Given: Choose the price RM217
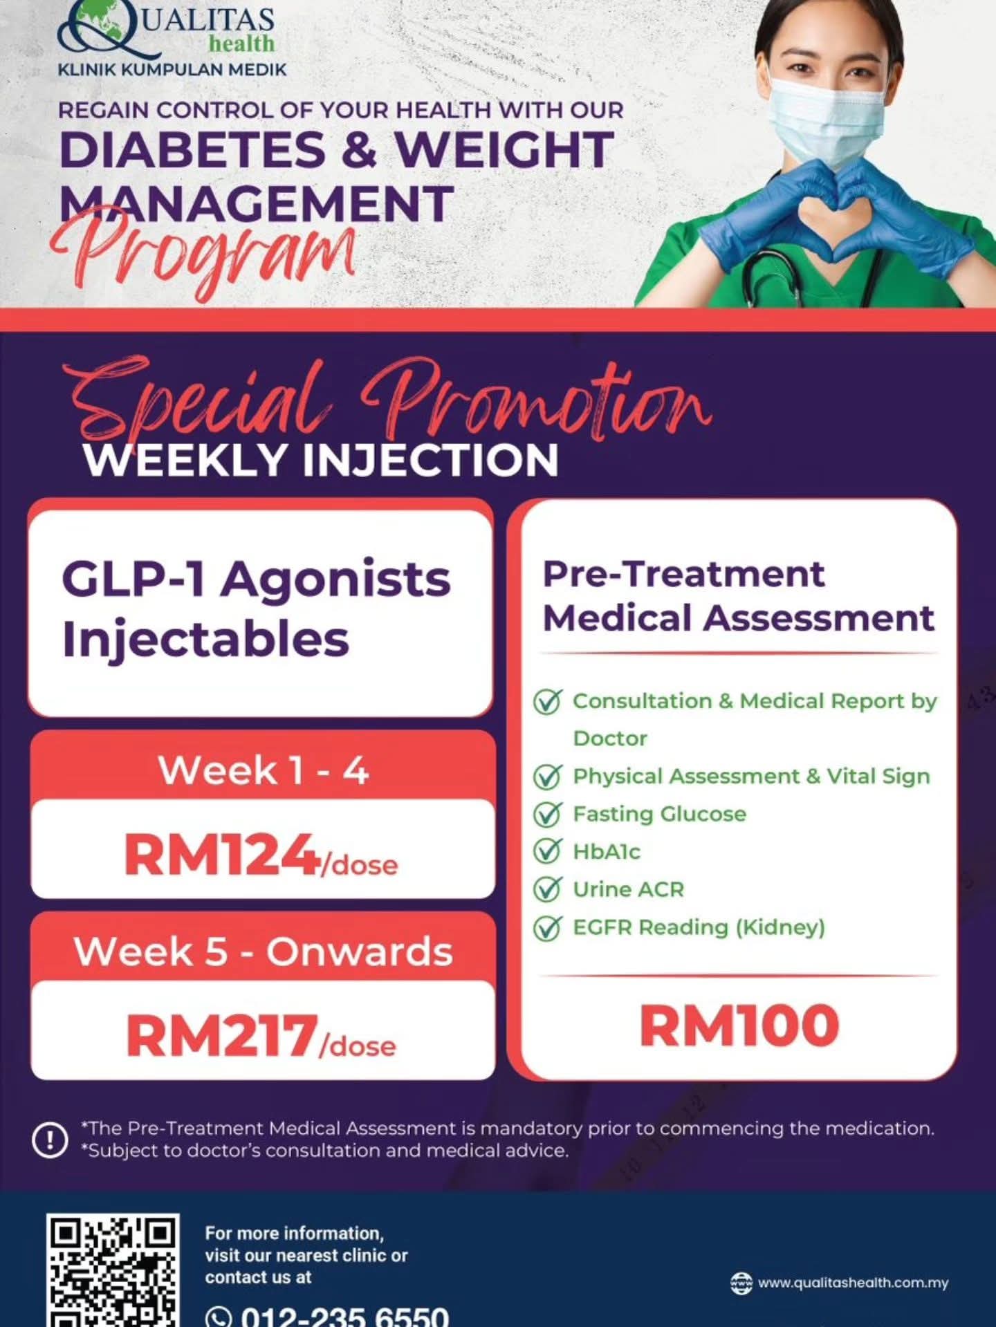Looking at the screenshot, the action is (x=221, y=1035).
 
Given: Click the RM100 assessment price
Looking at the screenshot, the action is (x=739, y=1026).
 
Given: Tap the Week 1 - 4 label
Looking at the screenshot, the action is (x=263, y=770).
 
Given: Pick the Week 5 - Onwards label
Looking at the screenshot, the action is (x=263, y=951).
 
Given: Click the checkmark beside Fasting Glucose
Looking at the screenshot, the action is (x=547, y=815).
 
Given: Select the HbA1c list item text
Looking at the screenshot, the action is (x=607, y=851).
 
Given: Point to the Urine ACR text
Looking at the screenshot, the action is (x=628, y=889).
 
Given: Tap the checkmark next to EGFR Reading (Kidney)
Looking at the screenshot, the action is (x=547, y=927).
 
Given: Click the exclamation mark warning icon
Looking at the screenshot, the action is (x=50, y=1140).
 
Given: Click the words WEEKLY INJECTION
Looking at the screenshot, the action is (x=320, y=460).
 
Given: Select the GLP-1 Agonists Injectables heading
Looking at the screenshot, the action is (x=256, y=609).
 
